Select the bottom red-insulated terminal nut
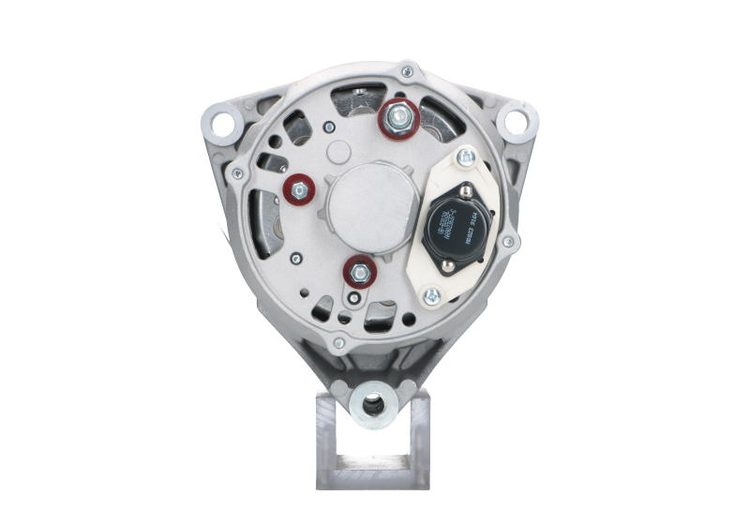pos(359,272)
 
